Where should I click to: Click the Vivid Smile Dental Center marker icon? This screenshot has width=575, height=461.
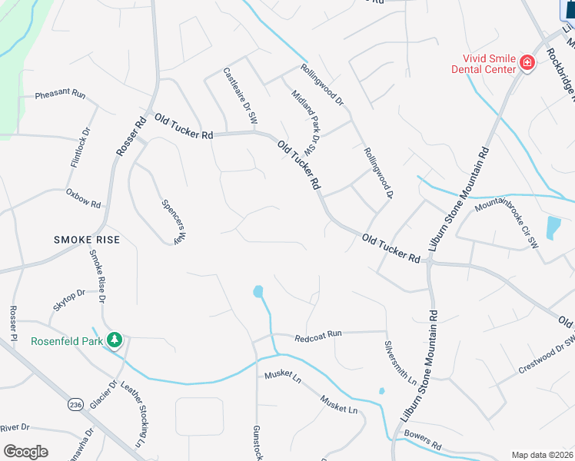point(527,62)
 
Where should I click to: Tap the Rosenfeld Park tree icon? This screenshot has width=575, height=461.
point(115,339)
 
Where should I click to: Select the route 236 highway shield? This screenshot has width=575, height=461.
point(75,405)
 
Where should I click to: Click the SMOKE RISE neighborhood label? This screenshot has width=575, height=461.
point(87,240)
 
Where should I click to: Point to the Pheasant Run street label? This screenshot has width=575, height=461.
point(60,94)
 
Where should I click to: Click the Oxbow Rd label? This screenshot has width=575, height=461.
point(83,198)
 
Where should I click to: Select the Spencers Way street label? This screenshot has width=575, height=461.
point(174,222)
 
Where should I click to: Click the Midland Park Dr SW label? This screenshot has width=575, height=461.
point(304,121)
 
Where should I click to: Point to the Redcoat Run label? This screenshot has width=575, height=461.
point(317,335)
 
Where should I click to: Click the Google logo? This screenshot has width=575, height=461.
point(25,451)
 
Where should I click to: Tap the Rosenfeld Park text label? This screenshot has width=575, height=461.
point(66,341)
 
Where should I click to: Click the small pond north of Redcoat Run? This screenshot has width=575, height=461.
point(258,291)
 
